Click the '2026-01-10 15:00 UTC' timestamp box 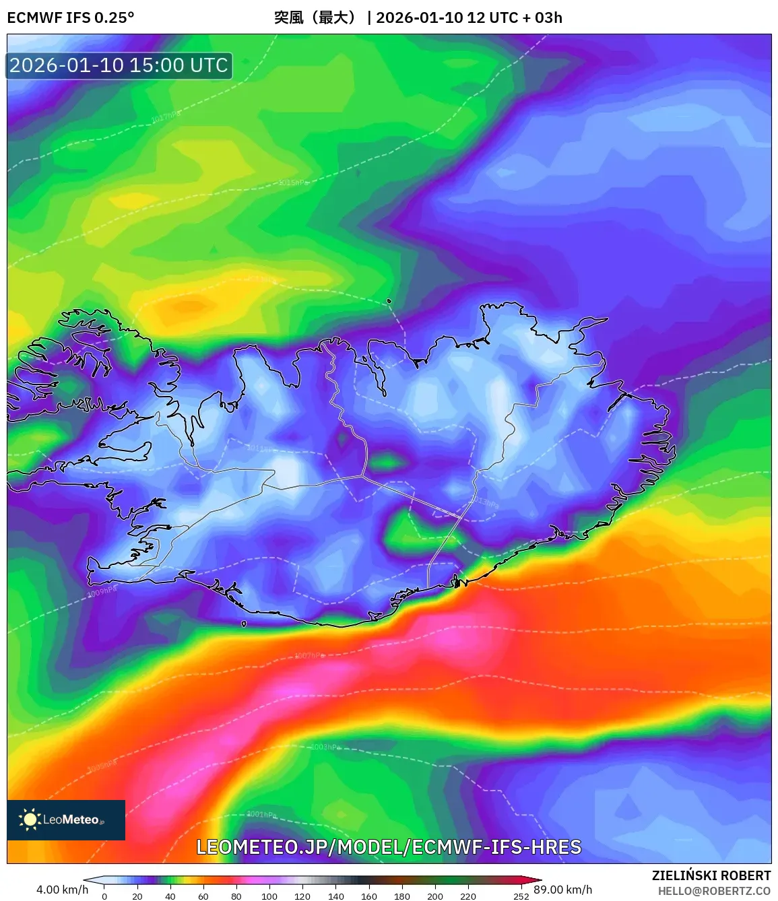click(119, 65)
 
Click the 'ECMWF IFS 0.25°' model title click(71, 18)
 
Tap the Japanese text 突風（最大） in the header click(315, 18)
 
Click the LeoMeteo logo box click(66, 820)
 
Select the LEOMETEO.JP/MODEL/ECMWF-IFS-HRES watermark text click(389, 847)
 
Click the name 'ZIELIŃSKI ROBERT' click(711, 875)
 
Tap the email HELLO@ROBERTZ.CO click(714, 891)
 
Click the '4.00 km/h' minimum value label click(62, 890)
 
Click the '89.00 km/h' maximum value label click(563, 890)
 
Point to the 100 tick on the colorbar click(269, 896)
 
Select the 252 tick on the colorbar click(521, 896)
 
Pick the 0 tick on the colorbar click(104, 896)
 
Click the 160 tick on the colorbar click(369, 896)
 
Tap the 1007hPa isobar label click(309, 655)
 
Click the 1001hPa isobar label click(261, 814)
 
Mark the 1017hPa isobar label click(165, 118)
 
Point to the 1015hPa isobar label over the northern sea click(294, 182)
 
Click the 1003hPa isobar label click(325, 747)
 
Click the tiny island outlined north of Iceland click(389, 302)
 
